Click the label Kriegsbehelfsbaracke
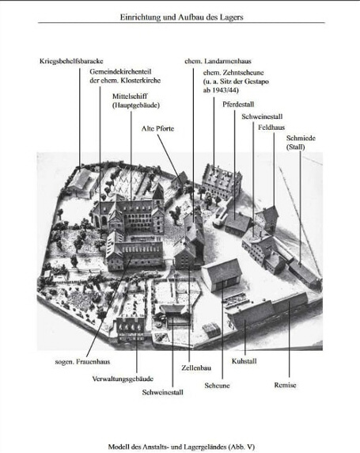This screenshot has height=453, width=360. (x=71, y=61)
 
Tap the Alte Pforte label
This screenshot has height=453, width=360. (x=157, y=128)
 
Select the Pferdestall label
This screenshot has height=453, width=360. (x=238, y=105)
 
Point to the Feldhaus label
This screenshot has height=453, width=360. (x=271, y=128)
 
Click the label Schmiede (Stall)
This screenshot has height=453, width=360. (x=301, y=143)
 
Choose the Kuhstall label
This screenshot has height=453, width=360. (x=244, y=361)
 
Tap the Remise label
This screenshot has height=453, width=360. (x=285, y=385)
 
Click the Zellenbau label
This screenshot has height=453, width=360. (x=196, y=367)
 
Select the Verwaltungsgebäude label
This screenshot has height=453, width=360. (x=123, y=379)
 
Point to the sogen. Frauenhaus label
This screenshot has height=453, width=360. (x=82, y=361)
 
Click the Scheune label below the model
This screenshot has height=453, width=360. (x=217, y=386)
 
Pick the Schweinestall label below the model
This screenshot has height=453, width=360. (x=162, y=392)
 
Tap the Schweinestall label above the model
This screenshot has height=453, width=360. (x=262, y=116)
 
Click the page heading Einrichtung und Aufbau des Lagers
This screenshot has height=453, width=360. (x=182, y=17)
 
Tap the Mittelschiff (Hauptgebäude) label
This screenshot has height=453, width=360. (x=136, y=101)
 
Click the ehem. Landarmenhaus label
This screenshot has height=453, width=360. (x=218, y=61)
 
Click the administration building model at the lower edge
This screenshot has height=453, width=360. (x=131, y=329)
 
